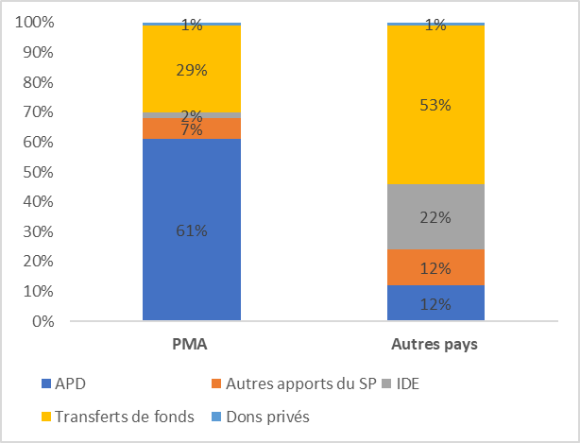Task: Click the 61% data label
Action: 192,230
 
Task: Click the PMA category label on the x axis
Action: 192,344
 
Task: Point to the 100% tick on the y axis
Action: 34,22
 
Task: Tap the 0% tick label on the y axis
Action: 42,321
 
